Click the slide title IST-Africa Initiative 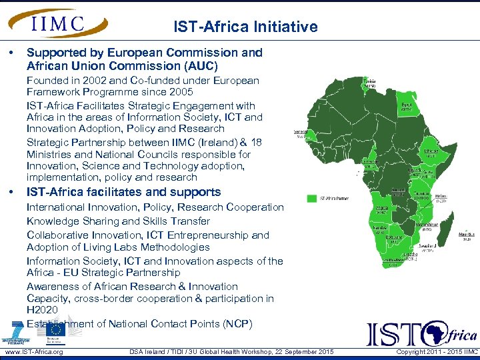(245, 27)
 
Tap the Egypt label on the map (405, 106)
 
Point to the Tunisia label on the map (369, 84)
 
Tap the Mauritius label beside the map (467, 235)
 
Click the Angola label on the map (382, 209)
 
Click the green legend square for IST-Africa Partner (311, 198)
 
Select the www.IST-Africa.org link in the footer (34, 351)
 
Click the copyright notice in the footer (437, 351)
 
